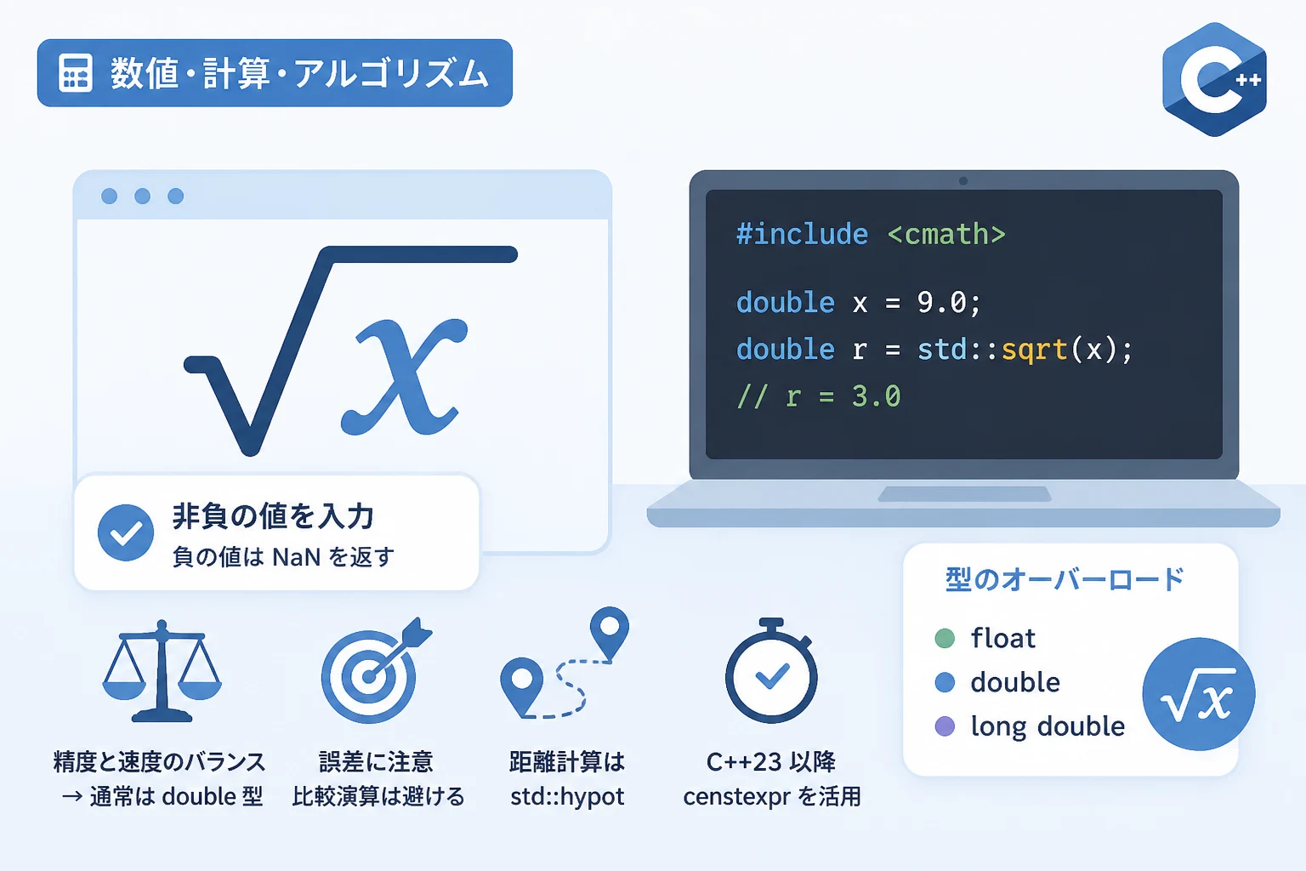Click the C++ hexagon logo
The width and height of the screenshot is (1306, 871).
coord(1214,79)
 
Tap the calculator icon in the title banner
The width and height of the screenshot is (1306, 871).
coord(75,73)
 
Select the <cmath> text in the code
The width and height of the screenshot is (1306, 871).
coord(946,235)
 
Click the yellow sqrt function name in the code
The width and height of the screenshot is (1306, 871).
coord(1034,350)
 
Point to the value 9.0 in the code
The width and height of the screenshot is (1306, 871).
coord(942,302)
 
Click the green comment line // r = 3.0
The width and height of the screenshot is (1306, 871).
coord(819,396)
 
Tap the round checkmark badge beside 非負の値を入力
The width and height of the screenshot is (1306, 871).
coord(126,532)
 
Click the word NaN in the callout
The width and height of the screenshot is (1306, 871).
coord(296,557)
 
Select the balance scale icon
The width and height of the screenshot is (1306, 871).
coord(162,671)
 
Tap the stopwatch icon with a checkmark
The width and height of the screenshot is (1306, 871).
coord(771,671)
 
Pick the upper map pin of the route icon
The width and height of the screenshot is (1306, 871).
coord(610,632)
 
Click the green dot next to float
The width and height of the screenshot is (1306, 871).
coord(945,638)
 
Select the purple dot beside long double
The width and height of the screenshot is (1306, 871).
coord(945,726)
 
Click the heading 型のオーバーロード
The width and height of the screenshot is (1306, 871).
coord(1065,580)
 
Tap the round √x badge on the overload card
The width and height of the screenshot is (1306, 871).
coord(1198,694)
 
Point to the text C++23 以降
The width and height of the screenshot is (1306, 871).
coord(771,762)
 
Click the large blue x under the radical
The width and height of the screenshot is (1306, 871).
coord(404,377)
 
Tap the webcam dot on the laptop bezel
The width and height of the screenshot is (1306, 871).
coord(963,181)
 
